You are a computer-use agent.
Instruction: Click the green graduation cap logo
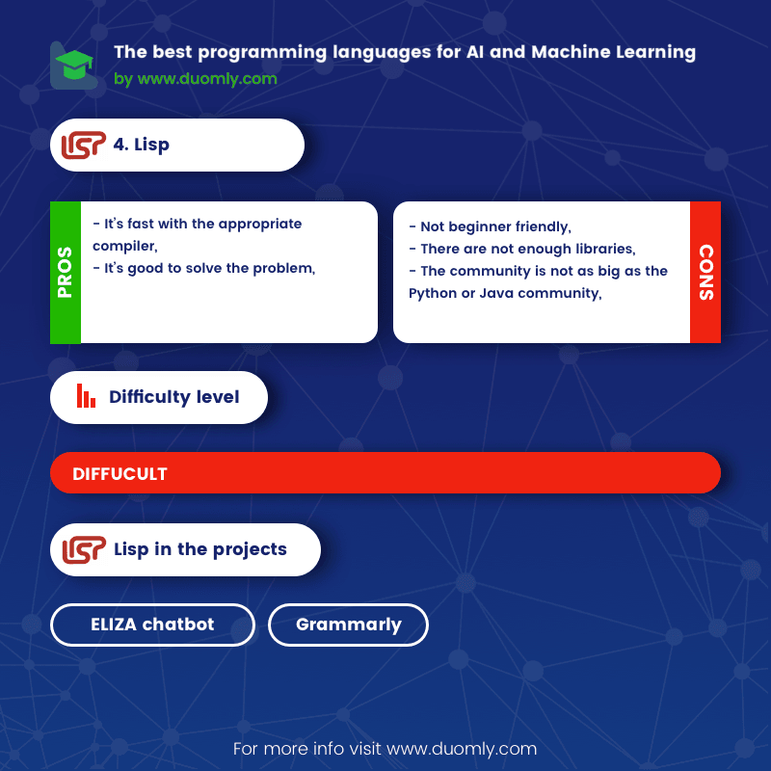point(74,65)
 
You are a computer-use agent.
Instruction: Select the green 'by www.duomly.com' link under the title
point(196,79)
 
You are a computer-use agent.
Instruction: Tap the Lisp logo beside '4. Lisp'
point(83,146)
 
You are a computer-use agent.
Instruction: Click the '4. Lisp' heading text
point(141,145)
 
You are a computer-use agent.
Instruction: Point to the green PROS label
point(66,272)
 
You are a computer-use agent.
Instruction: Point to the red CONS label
point(705,272)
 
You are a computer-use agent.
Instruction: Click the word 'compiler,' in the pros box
point(125,246)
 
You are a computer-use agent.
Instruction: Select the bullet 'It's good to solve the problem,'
point(204,268)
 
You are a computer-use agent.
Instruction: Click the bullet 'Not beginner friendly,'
point(490,226)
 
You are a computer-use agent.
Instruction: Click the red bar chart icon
point(86,396)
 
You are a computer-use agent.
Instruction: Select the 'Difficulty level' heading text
point(174,397)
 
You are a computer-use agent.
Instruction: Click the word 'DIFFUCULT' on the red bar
point(120,474)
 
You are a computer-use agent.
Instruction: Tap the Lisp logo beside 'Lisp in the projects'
point(84,549)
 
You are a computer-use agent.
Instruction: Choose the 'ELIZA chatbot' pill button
point(152,625)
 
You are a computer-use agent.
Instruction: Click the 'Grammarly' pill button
point(348,625)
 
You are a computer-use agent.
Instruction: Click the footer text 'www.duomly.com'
point(462,749)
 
